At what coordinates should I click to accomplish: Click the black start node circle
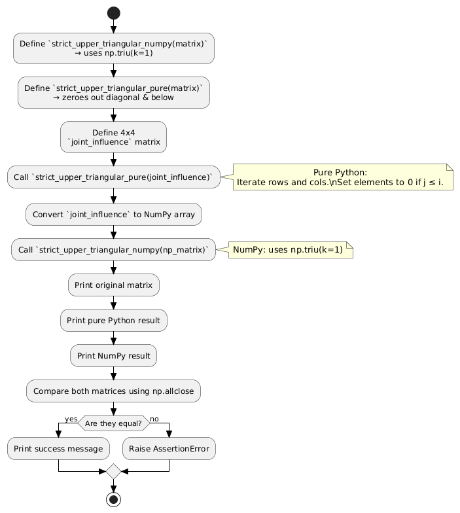(x=113, y=12)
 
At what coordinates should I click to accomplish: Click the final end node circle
(x=113, y=500)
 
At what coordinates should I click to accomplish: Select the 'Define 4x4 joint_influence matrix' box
(x=114, y=137)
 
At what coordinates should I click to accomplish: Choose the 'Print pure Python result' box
(x=114, y=321)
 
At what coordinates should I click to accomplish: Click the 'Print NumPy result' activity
(x=114, y=356)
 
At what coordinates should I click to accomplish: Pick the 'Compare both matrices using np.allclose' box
(x=114, y=391)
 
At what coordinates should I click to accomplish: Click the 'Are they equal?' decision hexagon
(x=114, y=423)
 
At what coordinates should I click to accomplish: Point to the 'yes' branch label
(x=71, y=419)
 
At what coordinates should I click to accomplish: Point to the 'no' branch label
(x=154, y=419)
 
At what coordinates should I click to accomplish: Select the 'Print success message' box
(x=58, y=449)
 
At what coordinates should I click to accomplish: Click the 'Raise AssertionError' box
(x=169, y=449)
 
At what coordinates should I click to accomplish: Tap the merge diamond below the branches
(x=113, y=470)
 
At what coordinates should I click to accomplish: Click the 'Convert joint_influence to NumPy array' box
(x=114, y=214)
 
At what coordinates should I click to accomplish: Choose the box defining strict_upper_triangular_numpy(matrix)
(x=114, y=48)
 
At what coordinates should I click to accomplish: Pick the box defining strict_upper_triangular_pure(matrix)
(x=114, y=92)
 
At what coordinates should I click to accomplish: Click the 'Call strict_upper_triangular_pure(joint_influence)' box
(x=114, y=177)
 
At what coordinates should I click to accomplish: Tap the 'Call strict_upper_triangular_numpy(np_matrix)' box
(x=114, y=250)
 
